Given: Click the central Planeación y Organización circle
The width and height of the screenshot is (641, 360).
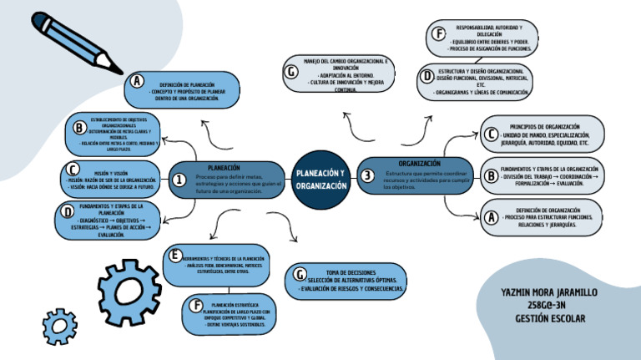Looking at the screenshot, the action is coord(320,179).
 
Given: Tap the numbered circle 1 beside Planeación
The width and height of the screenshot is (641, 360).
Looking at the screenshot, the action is coord(179,180).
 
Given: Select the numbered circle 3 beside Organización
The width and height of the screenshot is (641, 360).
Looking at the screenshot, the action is coord(367,175).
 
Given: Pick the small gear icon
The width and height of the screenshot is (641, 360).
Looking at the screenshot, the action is coord(59,326).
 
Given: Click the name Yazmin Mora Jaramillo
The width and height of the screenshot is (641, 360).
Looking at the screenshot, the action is coord(548,293).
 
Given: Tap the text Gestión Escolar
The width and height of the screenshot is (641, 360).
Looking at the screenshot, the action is coord(549,318).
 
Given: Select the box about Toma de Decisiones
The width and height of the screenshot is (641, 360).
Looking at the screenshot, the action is coord(351,281).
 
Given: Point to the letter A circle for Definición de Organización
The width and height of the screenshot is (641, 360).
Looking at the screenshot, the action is coord(492,217).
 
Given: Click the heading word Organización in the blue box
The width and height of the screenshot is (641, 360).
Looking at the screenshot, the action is coord(419,163).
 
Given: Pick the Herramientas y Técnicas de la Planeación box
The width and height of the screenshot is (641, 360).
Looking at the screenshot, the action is coord(222,265).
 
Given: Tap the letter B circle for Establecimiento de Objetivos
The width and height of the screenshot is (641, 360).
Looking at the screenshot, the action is coord(79,128).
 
